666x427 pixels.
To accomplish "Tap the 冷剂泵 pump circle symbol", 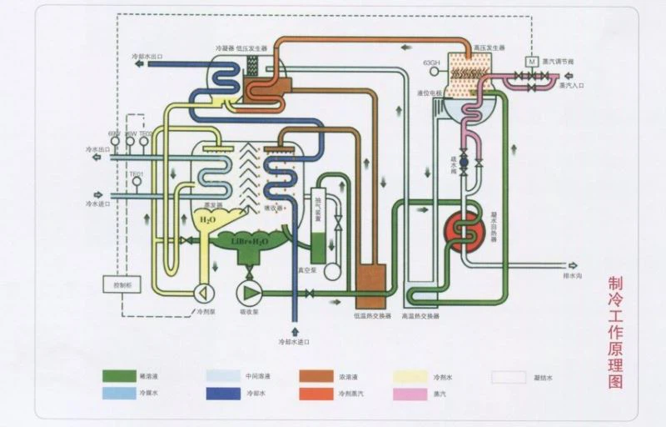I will point(202,293).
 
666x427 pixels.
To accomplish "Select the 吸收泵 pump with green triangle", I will point(248,292).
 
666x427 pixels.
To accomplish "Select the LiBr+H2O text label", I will point(249,240).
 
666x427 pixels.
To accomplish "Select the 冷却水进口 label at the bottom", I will point(293,343).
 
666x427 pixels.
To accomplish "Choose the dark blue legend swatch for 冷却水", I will point(225,392).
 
